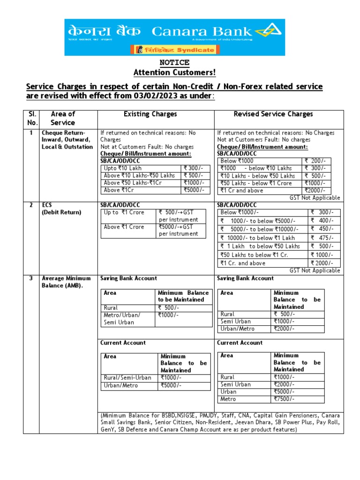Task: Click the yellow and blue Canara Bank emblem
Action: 275,31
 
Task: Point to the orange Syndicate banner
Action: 174,50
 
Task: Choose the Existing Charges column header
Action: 150,114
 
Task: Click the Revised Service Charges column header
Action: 273,114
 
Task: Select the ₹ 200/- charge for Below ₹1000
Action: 316,161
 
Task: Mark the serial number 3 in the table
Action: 31,278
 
